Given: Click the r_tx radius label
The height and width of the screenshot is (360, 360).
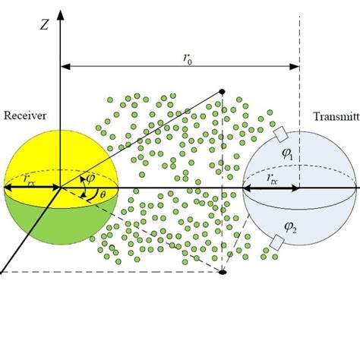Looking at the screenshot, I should coord(272,178).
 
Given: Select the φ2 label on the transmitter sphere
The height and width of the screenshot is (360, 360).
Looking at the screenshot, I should coord(292,226).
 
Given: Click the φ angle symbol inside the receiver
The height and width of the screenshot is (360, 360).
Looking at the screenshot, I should coord(92,178).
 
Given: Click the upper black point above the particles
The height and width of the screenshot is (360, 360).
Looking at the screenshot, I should coord(222,92).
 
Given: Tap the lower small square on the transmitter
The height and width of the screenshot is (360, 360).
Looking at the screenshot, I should coord(278,242).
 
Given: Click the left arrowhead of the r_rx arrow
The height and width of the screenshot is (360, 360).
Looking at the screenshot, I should coord(7,187).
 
